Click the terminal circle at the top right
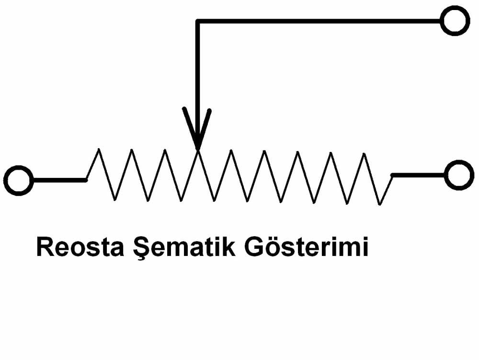(x=455, y=21)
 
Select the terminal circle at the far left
(x=19, y=180)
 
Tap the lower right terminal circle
(x=459, y=175)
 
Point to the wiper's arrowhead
(x=197, y=128)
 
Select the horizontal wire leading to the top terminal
(x=319, y=21)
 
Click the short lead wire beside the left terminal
(x=59, y=180)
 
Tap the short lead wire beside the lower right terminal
(x=418, y=175)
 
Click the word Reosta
(x=80, y=247)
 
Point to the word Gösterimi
(x=306, y=246)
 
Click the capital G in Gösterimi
(x=254, y=247)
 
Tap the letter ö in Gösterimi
(x=274, y=247)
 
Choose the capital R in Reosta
(x=45, y=247)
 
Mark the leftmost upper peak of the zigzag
(x=98, y=149)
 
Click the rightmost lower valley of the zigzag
(x=380, y=204)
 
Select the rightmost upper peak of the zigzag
(x=364, y=154)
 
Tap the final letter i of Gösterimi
(x=365, y=247)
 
